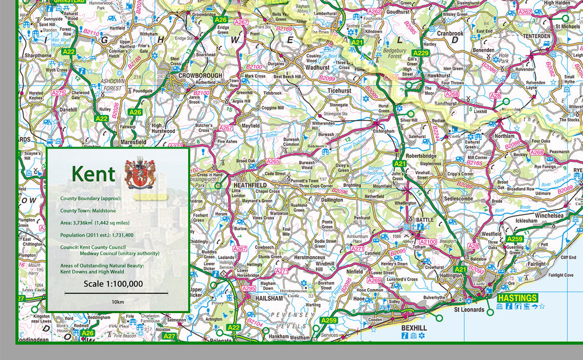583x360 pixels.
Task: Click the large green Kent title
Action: pos(93,174)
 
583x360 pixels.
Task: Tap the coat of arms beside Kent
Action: pos(140,173)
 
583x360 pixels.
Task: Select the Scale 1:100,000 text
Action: pos(114,284)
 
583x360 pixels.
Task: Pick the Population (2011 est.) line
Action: pos(97,235)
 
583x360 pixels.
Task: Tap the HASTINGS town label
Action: pos(517,298)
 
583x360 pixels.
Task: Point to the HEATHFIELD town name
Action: pos(250,185)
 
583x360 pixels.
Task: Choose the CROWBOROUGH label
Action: pos(200,75)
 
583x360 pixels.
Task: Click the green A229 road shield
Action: pos(421,53)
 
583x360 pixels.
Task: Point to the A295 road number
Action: pos(249,289)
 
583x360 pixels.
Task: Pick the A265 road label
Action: pos(273,161)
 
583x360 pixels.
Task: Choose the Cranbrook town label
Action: pos(450,34)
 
